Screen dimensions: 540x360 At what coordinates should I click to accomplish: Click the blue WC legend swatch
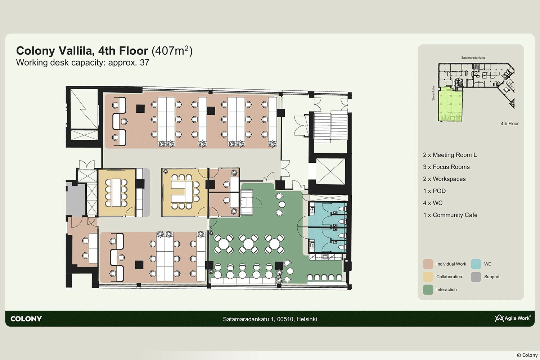click(x=476, y=264)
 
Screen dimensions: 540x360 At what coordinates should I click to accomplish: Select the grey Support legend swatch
click(x=476, y=277)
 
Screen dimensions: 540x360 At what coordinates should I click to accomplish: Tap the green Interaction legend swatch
click(x=428, y=289)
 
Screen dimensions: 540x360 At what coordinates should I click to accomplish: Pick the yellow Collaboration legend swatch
click(x=428, y=277)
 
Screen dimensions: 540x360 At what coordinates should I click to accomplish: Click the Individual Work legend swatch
click(x=428, y=264)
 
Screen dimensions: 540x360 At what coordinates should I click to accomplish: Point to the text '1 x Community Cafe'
click(x=450, y=215)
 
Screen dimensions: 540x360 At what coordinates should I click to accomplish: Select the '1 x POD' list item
click(x=435, y=191)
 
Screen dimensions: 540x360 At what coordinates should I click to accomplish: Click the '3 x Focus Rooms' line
click(x=446, y=167)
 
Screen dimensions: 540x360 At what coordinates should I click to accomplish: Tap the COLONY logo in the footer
click(x=26, y=319)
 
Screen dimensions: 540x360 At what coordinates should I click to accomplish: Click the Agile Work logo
click(x=512, y=318)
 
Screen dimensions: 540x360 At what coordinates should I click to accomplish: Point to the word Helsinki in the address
click(x=307, y=319)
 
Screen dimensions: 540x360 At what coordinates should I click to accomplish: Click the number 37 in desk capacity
click(x=144, y=62)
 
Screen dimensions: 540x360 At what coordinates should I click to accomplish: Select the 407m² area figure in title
click(x=172, y=51)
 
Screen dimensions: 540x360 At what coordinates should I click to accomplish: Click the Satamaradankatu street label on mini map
click(x=473, y=58)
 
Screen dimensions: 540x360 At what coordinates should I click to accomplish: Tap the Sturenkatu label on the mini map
click(x=433, y=93)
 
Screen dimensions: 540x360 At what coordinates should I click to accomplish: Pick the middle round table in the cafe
click(x=248, y=244)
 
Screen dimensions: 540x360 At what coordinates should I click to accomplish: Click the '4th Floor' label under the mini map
click(x=510, y=123)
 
